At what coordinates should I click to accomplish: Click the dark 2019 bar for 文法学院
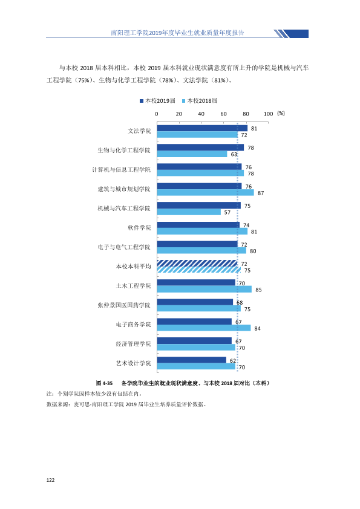[x=202, y=128]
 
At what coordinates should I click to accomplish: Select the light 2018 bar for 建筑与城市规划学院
[x=205, y=192]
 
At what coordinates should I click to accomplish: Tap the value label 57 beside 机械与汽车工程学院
[x=227, y=212]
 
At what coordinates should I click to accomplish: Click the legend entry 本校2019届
[x=157, y=100]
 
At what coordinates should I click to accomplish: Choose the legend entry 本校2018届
[x=200, y=100]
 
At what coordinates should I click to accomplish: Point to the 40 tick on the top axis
[x=201, y=114]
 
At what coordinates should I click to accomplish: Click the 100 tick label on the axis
[x=269, y=114]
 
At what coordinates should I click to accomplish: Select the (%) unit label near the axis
[x=281, y=113]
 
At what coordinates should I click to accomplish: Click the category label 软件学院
[x=139, y=227]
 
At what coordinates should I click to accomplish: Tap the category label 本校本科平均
[x=134, y=266]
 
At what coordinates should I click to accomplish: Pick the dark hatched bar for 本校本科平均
[x=197, y=263]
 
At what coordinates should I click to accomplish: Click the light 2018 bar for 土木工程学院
[x=205, y=289]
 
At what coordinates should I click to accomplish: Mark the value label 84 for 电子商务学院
[x=257, y=328]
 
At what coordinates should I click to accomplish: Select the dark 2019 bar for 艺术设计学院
[x=192, y=360]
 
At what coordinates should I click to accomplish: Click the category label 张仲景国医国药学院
[x=124, y=305]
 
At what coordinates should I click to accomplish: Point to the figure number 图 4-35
[x=104, y=383]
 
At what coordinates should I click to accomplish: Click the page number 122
[x=50, y=480]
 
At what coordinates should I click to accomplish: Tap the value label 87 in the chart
[x=261, y=193]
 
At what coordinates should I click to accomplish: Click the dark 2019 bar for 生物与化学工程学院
[x=200, y=148]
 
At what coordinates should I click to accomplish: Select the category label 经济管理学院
[x=134, y=344]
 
